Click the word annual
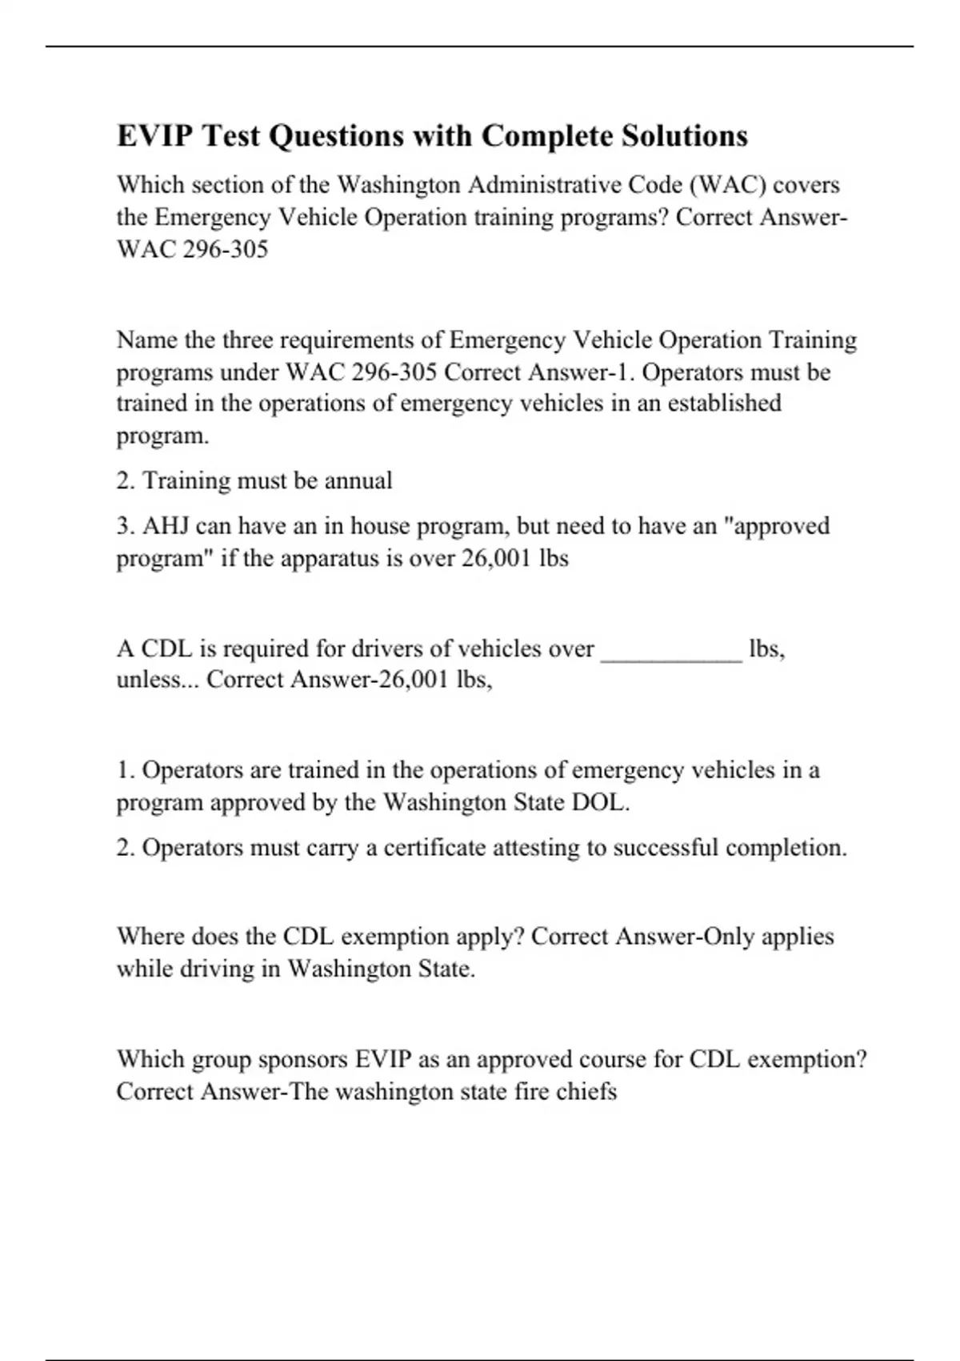pos(358,480)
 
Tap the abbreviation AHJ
pos(166,526)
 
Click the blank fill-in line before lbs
pos(671,650)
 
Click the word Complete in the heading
pos(547,136)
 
